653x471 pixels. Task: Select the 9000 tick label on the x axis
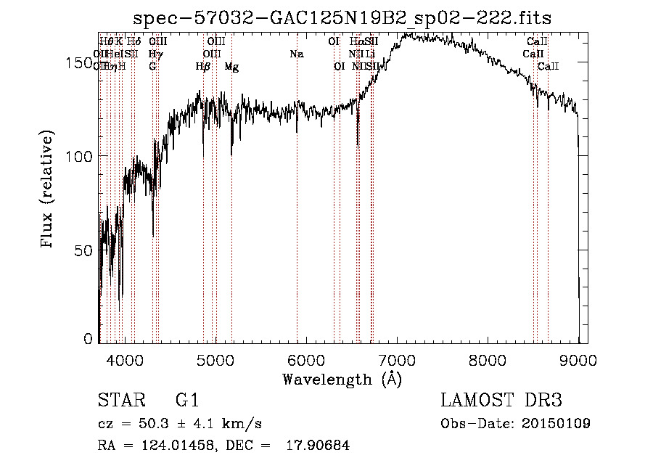click(x=578, y=359)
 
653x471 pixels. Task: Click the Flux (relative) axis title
click(x=48, y=191)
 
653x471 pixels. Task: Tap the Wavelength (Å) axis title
click(x=342, y=379)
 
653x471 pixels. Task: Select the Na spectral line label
click(x=296, y=54)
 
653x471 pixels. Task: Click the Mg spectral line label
click(x=231, y=66)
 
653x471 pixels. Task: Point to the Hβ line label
click(x=203, y=66)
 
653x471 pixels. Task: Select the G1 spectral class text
click(x=187, y=401)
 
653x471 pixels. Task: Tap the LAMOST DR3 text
click(x=501, y=401)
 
